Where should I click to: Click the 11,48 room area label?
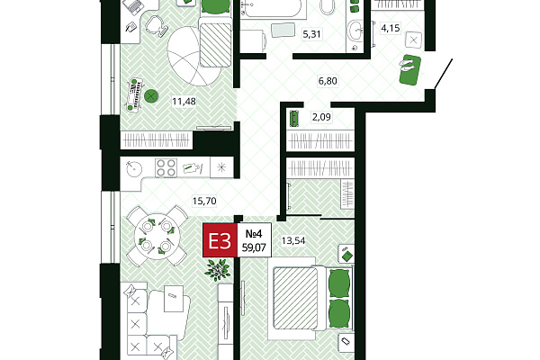[x=184, y=102]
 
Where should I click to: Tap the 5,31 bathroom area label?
[x=311, y=34]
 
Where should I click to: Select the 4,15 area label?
[x=391, y=28]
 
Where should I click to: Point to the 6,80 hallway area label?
[x=328, y=81]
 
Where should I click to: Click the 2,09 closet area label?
[x=321, y=117]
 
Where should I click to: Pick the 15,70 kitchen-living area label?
[x=204, y=201]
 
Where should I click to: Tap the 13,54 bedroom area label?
[x=293, y=240]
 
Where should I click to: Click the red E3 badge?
[x=220, y=240]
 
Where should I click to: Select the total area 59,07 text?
[x=254, y=247]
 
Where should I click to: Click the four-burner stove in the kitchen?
[x=166, y=167]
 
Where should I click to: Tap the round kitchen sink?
[x=133, y=169]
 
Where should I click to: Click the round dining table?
[x=157, y=237]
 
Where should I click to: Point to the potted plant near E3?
[x=217, y=269]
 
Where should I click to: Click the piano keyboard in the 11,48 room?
[x=135, y=94]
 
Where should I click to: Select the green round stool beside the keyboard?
[x=151, y=96]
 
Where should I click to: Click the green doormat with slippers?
[x=410, y=69]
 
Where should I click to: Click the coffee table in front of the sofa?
[x=173, y=298]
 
